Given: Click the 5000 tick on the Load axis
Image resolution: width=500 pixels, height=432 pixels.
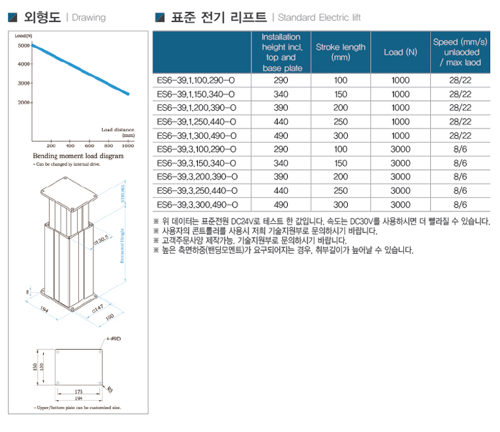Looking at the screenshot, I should click(23, 46).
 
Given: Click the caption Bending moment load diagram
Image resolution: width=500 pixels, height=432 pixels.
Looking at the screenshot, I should click(78, 157).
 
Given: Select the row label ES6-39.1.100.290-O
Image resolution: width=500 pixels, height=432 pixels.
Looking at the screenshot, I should click(196, 80).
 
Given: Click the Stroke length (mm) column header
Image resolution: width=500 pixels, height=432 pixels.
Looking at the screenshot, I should click(341, 52).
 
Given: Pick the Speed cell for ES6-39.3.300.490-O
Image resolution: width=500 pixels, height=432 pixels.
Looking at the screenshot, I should click(460, 204).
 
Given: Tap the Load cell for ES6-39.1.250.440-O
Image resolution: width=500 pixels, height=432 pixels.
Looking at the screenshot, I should click(401, 121).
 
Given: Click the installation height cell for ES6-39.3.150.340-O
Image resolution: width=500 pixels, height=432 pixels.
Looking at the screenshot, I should click(281, 163).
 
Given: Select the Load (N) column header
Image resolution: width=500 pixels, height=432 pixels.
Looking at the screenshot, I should click(401, 52).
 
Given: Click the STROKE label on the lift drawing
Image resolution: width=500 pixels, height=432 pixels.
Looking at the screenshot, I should click(123, 194).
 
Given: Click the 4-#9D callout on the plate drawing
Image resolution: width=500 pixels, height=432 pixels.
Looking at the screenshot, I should click(114, 340).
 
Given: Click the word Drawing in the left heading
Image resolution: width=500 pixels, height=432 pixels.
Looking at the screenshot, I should click(88, 18).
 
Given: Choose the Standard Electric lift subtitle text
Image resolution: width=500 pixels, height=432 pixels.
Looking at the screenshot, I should click(319, 18).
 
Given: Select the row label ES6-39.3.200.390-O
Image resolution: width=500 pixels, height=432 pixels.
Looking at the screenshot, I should click(196, 177).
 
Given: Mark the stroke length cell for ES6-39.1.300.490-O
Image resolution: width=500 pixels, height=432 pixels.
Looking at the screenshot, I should click(341, 136).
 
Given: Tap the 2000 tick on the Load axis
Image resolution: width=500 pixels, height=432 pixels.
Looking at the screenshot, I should click(23, 102).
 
